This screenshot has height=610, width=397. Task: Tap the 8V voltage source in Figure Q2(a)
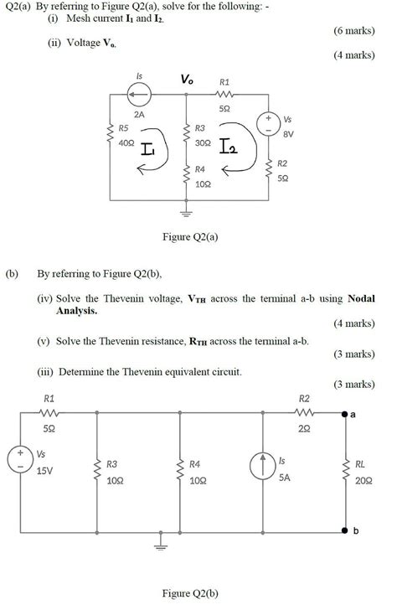269,125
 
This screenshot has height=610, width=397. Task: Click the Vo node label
185,80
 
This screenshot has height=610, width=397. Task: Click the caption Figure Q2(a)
190,237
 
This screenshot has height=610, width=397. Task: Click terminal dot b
344,531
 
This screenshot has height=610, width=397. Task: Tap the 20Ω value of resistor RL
361,480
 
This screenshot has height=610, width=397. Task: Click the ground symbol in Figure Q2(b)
161,545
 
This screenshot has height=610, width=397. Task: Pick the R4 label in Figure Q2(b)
194,463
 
